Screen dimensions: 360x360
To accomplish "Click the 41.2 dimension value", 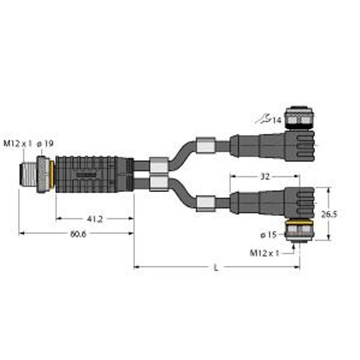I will coord(94,220).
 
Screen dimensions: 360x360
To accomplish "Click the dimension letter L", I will coord(215,268).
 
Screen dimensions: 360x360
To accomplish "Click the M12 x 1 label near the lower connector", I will coord(265,253).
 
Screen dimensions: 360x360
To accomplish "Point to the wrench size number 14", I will coord(276,121).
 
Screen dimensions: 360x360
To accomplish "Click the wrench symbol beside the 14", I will coord(262,120).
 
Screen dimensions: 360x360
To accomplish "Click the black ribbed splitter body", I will coord(90,174).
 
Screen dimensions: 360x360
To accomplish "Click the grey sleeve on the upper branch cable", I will coord(206,145).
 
